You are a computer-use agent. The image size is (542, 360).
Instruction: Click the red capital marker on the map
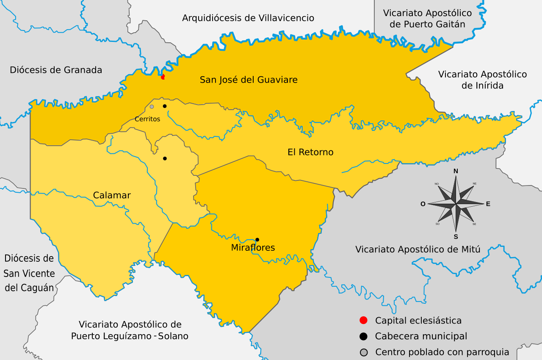(163, 77)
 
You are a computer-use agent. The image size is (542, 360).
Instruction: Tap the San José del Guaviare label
(249, 80)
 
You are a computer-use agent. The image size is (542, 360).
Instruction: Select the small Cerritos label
(147, 119)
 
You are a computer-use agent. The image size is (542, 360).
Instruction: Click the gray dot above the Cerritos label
(152, 107)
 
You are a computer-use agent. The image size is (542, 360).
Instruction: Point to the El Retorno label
(310, 152)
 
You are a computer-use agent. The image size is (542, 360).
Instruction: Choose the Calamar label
(112, 195)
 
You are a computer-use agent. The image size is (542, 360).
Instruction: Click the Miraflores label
(253, 248)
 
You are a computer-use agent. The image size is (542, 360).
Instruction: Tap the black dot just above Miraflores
(257, 239)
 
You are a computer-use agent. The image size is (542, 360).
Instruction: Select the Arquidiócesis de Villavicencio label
(248, 18)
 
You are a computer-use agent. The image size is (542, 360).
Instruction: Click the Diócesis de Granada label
(56, 70)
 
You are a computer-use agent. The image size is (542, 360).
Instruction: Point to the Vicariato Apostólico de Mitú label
(418, 249)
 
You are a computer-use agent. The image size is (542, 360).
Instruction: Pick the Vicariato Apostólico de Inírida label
(482, 80)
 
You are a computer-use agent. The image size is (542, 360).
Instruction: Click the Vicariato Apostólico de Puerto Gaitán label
(427, 19)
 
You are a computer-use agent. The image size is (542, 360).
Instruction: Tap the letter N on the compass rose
(456, 171)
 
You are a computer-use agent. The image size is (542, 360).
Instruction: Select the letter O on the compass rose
(423, 204)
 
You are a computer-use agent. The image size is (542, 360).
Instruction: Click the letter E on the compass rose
(488, 204)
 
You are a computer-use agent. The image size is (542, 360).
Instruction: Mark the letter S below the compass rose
(456, 237)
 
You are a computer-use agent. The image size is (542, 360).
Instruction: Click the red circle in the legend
(363, 321)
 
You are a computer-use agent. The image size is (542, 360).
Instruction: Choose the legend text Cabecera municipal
(421, 336)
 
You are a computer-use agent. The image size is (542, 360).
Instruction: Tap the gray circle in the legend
(363, 352)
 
